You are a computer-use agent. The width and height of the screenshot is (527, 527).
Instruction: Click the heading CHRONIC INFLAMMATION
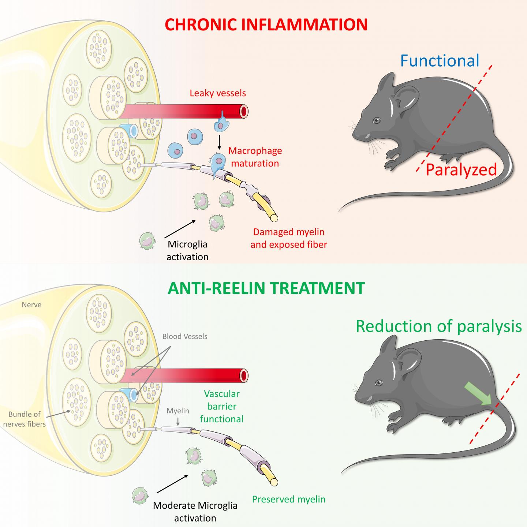click(266, 25)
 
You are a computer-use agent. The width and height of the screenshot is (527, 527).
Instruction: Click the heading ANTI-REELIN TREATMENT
click(266, 288)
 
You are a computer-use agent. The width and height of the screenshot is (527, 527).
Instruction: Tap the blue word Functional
click(440, 61)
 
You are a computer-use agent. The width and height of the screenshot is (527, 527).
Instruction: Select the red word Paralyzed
click(461, 170)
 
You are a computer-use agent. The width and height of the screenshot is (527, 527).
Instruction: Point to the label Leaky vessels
click(218, 93)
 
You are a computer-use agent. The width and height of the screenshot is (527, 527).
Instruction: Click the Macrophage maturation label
click(255, 157)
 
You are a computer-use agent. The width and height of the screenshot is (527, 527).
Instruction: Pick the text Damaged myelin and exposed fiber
click(289, 238)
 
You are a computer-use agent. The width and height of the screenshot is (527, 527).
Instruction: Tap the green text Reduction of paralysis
click(438, 326)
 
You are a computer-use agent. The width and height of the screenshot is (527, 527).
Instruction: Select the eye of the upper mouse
click(376, 120)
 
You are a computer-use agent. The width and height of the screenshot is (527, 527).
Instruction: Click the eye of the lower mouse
click(378, 382)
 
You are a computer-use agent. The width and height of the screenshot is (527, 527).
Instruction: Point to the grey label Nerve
click(31, 304)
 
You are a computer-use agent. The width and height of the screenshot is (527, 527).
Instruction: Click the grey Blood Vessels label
click(185, 336)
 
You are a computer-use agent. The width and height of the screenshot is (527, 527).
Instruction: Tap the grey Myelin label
click(178, 411)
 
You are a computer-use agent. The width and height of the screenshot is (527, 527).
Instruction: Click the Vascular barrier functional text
click(222, 406)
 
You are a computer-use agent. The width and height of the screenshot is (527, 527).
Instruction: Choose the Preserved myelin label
click(289, 499)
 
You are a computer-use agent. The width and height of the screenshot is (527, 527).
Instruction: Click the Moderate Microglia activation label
click(195, 512)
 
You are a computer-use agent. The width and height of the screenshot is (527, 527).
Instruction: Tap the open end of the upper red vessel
click(243, 111)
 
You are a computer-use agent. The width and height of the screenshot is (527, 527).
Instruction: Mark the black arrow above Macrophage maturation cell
click(219, 143)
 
